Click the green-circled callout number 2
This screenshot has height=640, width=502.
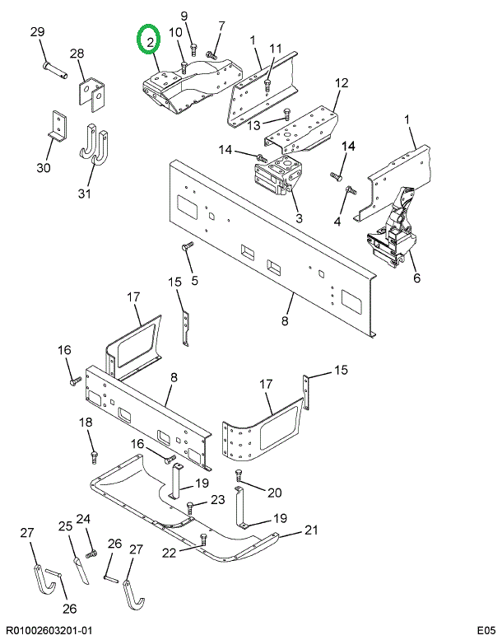tap(150, 39)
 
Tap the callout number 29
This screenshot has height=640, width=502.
tap(37, 32)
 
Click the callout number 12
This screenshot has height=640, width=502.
tap(342, 82)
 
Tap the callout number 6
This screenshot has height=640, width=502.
tap(416, 278)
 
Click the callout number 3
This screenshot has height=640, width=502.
tap(299, 218)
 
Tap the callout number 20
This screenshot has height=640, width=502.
tap(274, 493)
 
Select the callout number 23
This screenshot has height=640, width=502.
tap(217, 500)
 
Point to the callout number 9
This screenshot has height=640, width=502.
tap(184, 16)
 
